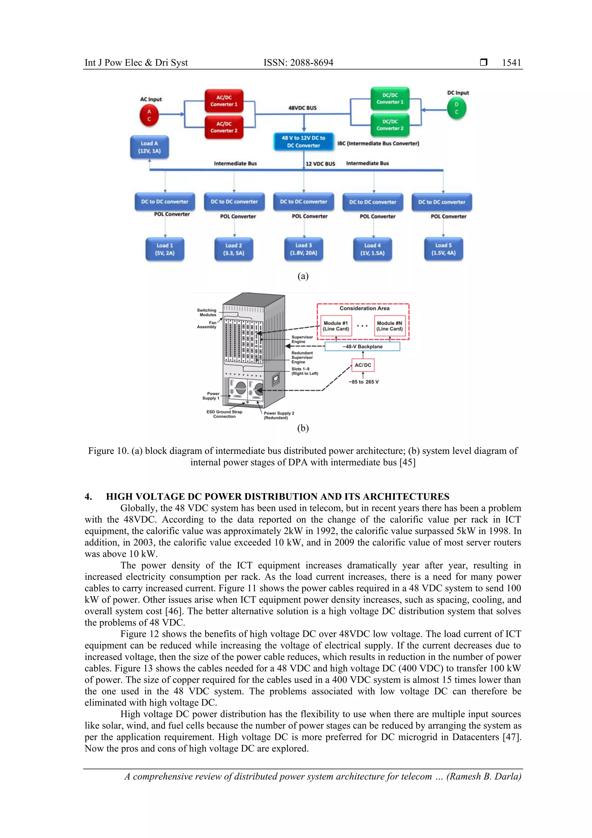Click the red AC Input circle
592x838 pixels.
149,115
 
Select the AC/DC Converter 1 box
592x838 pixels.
224,101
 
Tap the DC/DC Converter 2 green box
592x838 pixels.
390,125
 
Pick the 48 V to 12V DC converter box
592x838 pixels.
304,142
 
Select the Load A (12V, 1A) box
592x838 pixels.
149,147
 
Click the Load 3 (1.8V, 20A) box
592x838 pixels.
304,249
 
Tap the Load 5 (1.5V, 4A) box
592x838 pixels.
443,249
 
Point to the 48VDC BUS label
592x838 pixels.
302,108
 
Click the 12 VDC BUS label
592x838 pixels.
320,164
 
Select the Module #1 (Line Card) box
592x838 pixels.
336,326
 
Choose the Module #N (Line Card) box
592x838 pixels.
390,326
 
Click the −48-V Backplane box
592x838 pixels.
362,346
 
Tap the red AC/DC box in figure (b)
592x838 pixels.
363,365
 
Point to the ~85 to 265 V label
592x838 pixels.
363,382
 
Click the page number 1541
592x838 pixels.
511,62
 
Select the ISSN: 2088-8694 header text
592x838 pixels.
298,62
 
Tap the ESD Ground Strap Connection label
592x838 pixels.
224,414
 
